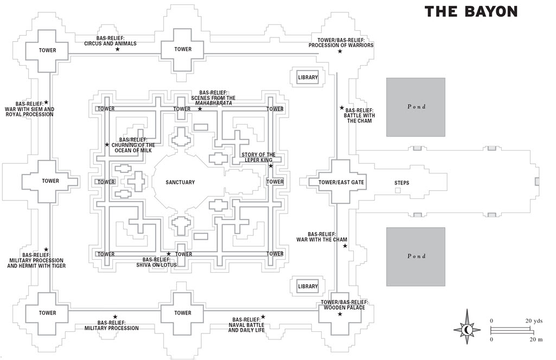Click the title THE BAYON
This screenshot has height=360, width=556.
point(471,11)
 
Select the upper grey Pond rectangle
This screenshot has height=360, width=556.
point(416,107)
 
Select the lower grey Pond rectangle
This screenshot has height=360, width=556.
point(416,256)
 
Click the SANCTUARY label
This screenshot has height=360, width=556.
point(180,182)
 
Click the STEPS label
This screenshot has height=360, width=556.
point(402,183)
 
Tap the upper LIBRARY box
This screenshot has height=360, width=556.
point(308,78)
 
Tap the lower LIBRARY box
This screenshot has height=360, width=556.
point(308,286)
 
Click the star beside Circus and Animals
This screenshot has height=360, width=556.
point(117,49)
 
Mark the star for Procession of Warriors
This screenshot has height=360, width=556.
point(340,52)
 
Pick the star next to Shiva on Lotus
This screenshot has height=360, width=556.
point(169,254)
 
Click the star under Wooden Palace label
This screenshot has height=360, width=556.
point(340,314)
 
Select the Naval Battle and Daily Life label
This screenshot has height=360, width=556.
point(246,325)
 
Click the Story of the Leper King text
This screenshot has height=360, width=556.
point(258,157)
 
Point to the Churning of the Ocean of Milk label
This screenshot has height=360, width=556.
point(133,145)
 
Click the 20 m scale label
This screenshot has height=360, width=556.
point(536,339)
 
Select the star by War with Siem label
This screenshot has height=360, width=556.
point(46,102)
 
